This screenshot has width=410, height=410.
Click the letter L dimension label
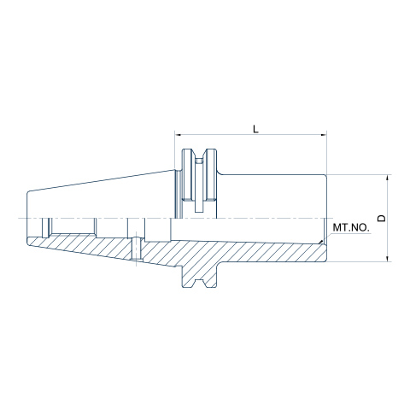coord(255,129)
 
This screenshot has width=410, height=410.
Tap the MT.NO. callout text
coord(351,227)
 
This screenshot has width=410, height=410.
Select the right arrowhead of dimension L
coord(323,135)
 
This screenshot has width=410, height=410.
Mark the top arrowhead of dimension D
coord(387,178)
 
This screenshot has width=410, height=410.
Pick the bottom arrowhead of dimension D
coord(387,258)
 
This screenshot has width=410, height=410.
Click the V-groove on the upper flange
coord(200,156)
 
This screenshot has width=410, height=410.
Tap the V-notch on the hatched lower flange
coord(200,283)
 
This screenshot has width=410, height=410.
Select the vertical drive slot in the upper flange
coord(199,185)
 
